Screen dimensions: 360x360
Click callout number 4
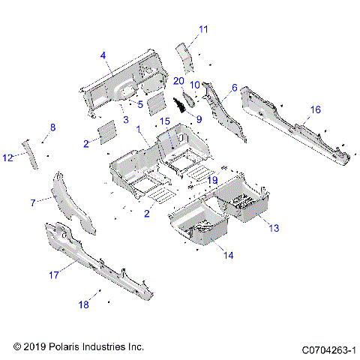pos(103,54)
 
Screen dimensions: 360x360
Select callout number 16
pos(315,109)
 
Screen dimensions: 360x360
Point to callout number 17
pos(53,274)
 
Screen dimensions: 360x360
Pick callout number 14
pos(227,256)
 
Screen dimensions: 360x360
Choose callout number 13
pos(273,227)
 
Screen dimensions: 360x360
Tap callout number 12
pos(8,157)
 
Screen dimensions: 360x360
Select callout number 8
pos(52,128)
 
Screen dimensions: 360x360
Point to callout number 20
pos(178,80)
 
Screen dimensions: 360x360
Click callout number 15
pos(165,121)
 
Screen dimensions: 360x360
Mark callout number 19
pos(212,180)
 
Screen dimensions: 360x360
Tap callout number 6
pos(234,88)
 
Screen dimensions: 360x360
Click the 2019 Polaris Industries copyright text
pos(78,347)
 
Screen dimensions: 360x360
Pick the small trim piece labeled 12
pos(29,154)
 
